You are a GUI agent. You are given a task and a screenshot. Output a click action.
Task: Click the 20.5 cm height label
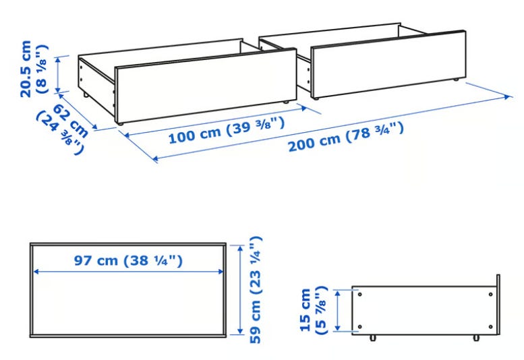pos(34,69)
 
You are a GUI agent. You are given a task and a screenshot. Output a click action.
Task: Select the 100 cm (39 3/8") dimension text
pos(227,131)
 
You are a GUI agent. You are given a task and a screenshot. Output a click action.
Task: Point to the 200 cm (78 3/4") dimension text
pos(346,137)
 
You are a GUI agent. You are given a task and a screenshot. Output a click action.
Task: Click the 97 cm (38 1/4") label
pos(128,260)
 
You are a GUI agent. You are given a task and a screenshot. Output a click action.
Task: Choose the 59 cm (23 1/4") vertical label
pos(256,289)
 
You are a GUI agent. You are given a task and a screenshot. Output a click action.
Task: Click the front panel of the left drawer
pos(206,86)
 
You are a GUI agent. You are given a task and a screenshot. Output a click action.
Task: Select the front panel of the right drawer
pos(388,64)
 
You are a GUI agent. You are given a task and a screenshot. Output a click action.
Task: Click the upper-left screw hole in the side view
pos(360,294)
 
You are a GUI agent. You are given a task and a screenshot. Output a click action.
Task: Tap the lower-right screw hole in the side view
pos(490,326)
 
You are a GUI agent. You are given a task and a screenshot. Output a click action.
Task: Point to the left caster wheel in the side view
pos(373,338)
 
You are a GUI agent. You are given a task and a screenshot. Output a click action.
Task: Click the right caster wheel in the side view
pos(476,338)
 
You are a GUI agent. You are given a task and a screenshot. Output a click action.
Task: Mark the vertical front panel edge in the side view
pos(498,305)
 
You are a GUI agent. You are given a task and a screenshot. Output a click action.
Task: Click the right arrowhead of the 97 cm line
pos(221,272)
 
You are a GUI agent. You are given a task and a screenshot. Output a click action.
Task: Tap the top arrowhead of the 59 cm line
pos(240,249)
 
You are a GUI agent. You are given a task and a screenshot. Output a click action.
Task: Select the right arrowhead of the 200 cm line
pos(508,97)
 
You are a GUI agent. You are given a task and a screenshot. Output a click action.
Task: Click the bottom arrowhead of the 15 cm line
pos(338,328)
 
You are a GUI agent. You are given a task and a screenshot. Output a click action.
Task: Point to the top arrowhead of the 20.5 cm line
pos(58,60)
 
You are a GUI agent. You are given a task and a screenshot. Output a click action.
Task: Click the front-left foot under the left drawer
pos(120,123)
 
